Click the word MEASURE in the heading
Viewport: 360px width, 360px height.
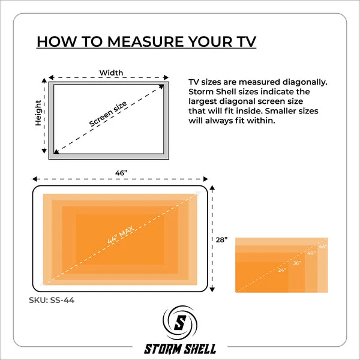[146, 41]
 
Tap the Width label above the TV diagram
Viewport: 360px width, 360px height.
[111, 73]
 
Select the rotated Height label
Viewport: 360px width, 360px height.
[38, 113]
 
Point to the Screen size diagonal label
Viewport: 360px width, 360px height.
[108, 114]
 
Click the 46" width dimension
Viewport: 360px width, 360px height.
[121, 173]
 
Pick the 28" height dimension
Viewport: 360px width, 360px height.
[221, 239]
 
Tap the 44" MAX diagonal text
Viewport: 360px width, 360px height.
[121, 235]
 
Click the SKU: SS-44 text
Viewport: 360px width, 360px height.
[52, 300]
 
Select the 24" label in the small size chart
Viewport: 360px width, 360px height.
[282, 270]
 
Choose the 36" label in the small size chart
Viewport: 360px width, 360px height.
[297, 263]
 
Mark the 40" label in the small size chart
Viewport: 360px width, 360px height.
[311, 253]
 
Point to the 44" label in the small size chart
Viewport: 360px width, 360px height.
[323, 247]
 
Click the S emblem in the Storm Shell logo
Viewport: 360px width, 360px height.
[180, 323]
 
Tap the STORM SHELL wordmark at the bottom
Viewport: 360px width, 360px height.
[180, 349]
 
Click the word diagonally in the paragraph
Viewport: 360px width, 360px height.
[305, 82]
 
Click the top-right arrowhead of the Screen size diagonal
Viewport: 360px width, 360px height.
[161, 86]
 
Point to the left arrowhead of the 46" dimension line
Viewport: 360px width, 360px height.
[35, 179]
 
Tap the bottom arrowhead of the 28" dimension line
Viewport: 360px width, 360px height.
[212, 289]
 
